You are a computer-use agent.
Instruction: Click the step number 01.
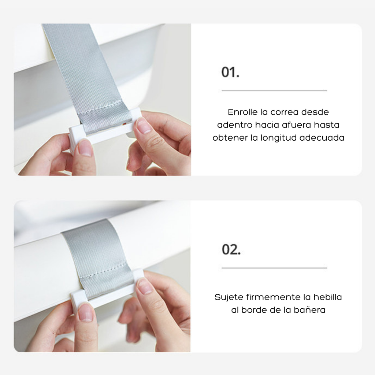click(230, 72)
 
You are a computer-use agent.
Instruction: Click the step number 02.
click(231, 249)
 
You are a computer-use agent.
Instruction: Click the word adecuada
click(322, 138)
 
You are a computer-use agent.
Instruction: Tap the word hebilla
click(327, 297)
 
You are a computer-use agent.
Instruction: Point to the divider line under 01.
click(274, 91)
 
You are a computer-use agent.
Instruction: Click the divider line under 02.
click(274, 268)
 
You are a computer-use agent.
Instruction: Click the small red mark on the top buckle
click(124, 124)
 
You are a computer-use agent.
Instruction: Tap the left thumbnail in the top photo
click(85, 148)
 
